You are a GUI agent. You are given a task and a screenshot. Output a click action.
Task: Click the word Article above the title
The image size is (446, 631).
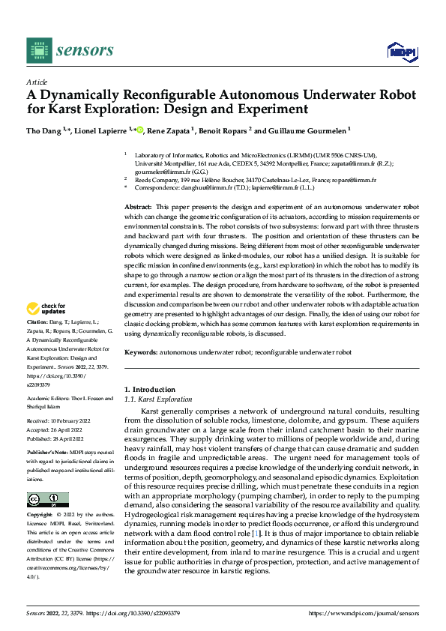coord(37,82)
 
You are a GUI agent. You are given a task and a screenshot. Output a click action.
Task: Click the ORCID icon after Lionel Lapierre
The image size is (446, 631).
coord(140,130)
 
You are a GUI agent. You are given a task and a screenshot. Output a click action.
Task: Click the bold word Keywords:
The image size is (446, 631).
coord(141,351)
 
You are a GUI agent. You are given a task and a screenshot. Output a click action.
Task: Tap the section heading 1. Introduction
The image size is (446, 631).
coord(148,390)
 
